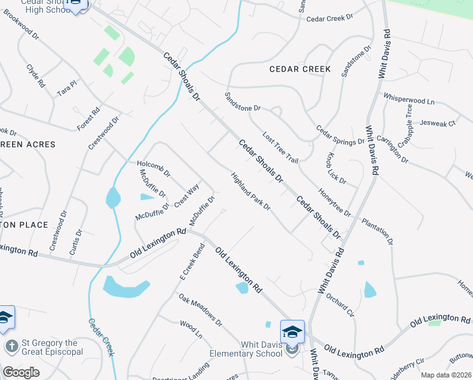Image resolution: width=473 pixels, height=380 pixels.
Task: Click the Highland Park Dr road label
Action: [250, 193]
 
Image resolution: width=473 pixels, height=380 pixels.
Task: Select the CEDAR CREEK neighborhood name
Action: [300, 69]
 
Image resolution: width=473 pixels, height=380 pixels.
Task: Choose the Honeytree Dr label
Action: [335, 201]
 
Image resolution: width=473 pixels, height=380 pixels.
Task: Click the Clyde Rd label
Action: [35, 75]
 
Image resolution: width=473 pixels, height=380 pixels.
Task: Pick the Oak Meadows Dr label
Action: [200, 309]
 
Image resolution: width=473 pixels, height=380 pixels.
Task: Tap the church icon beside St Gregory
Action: [11, 346]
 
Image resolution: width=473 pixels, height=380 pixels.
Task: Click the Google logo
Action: [21, 372]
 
